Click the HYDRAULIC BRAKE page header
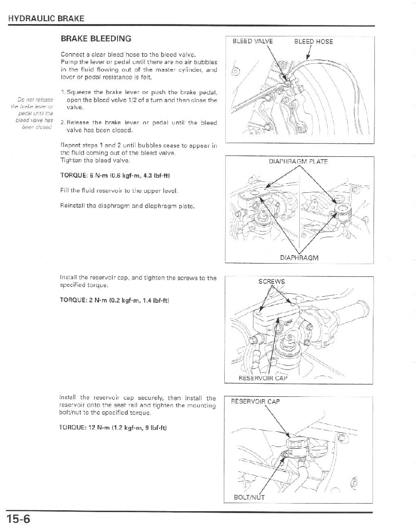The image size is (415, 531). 46,18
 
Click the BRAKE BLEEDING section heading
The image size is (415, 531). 96,38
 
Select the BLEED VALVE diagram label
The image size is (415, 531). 253,41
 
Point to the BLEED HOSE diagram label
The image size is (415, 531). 313,41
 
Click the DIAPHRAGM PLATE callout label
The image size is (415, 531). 298,162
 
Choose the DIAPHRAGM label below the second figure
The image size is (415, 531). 299,258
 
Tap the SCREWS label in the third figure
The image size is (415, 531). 271,282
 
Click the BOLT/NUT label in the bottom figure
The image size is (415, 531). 249,497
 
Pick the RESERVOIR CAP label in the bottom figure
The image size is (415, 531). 255,402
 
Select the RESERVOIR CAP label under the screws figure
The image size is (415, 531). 263,378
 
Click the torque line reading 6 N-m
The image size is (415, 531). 115,175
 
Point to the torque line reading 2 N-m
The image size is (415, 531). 115,300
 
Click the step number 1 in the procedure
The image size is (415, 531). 63,91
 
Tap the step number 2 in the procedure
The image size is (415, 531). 63,123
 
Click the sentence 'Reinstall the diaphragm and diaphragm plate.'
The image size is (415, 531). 127,206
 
